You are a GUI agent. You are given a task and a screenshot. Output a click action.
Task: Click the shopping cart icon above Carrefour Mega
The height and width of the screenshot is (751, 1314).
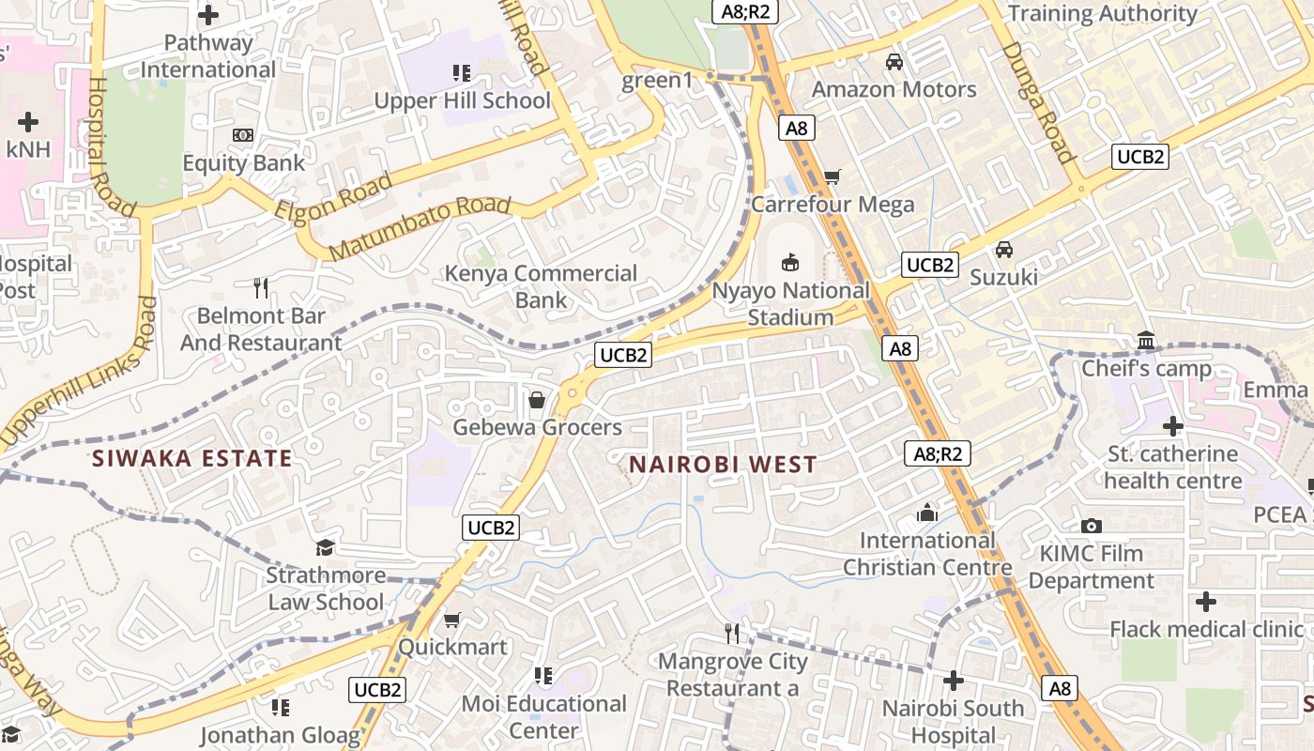[832, 176]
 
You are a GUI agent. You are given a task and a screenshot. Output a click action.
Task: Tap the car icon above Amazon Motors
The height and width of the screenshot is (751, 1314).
[894, 62]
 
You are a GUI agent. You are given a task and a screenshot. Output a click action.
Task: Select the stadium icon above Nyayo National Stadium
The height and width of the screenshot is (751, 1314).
[790, 262]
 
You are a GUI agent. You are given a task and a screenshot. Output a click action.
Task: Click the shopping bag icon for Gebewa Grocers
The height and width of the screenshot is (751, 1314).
[537, 401]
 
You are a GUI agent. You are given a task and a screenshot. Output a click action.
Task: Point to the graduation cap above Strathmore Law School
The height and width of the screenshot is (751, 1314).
[325, 547]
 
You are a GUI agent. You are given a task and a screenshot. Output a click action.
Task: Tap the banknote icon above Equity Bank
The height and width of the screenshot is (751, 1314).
[243, 135]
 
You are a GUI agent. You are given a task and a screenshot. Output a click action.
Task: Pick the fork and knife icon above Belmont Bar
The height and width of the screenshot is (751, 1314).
[261, 287]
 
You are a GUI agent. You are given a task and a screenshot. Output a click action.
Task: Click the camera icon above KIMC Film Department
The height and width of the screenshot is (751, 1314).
[1091, 526]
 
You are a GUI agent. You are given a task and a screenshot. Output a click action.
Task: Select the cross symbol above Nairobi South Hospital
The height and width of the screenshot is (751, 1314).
[954, 681]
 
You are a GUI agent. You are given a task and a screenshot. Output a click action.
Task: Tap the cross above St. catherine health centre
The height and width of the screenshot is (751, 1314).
[1172, 427]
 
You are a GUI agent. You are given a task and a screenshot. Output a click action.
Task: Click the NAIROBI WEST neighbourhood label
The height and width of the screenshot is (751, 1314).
[723, 464]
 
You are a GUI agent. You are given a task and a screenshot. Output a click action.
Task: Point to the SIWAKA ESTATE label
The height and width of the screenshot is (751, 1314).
[191, 458]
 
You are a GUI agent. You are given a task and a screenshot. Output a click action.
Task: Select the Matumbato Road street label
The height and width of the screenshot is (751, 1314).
[420, 227]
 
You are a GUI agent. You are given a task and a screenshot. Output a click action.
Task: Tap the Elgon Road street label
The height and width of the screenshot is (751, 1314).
[333, 195]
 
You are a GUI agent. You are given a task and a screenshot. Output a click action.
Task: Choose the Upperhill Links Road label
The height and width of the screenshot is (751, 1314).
[79, 372]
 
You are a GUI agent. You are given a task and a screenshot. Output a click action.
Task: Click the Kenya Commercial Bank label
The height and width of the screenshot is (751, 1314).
[541, 286]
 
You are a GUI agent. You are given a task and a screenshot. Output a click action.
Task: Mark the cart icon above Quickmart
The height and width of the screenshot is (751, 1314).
[451, 620]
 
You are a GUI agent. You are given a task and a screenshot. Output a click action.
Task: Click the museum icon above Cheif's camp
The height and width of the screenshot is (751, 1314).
[1145, 340]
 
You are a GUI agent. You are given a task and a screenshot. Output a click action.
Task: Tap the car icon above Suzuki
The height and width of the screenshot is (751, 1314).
[1004, 250]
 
